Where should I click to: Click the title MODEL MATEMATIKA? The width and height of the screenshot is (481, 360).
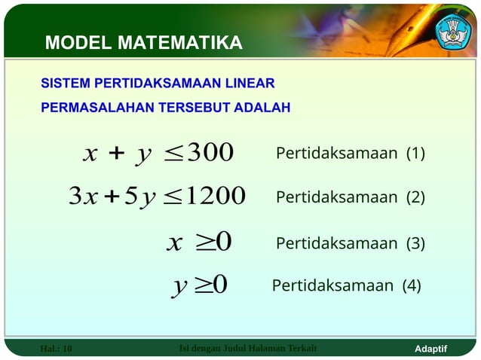point(143,43)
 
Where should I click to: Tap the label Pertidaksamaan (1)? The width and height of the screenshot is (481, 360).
point(350,154)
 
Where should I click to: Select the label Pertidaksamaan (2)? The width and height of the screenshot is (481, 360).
point(350,198)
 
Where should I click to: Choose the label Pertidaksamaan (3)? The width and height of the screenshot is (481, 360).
point(350,243)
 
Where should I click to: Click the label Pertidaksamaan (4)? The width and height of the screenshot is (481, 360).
point(346,285)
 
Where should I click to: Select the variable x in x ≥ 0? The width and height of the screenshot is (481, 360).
point(175,243)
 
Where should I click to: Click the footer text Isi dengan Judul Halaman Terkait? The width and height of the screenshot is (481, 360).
point(248,348)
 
